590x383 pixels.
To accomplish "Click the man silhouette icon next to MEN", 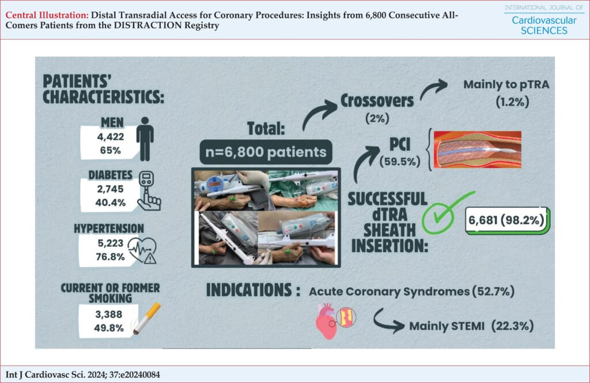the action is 145,139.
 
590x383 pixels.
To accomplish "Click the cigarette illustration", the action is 147,318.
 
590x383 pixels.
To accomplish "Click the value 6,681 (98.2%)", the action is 506,220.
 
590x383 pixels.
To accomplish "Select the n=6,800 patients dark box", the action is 266,152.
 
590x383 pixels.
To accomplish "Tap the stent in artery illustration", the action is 477,149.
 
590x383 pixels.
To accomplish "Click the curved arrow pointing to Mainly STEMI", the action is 388,321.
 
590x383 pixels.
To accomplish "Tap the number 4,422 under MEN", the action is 110,136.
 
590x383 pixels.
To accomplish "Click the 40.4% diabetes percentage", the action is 110,202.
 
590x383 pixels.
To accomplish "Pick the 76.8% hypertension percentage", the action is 110,257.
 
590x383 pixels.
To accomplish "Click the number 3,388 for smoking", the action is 109,314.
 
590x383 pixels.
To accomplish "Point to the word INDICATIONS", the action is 249,290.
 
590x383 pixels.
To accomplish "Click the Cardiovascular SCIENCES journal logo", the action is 544,20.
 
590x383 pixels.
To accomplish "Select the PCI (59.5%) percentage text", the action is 400,162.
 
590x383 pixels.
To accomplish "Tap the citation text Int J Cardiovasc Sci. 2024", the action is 83,375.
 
